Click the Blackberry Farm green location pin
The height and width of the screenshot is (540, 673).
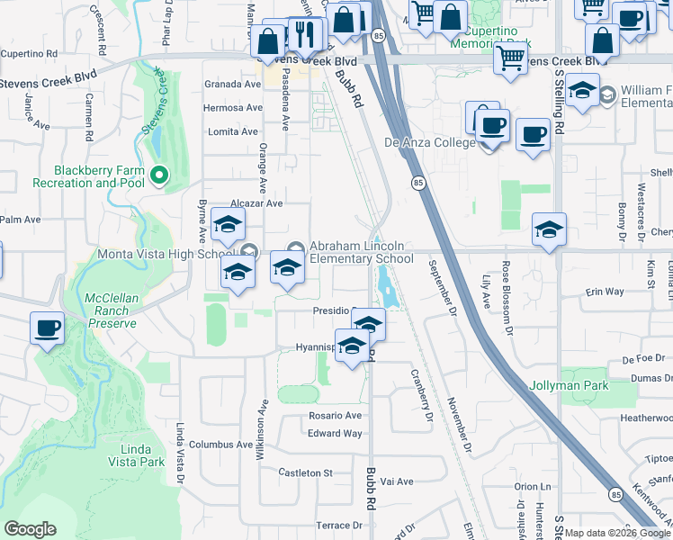pos(160,175)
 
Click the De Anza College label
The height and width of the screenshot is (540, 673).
pos(429,142)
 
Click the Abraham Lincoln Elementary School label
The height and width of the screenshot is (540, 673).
pos(361,252)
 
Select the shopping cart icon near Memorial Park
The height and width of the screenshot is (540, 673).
pos(510,58)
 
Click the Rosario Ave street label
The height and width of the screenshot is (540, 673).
pos(335,416)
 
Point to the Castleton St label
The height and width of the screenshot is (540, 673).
pos(306,472)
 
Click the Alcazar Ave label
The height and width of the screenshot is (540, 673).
pos(256,204)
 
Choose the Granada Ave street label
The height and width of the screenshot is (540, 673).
pos(232,85)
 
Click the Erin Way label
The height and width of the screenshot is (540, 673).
pos(605,292)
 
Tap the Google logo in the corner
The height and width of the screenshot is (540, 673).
pos(31,529)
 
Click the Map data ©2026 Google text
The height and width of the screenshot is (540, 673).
pos(617,533)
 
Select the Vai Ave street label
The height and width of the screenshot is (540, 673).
pos(397,481)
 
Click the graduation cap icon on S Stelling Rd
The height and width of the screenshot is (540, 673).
pos(549,230)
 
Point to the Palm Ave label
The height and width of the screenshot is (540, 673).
pos(20,220)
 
